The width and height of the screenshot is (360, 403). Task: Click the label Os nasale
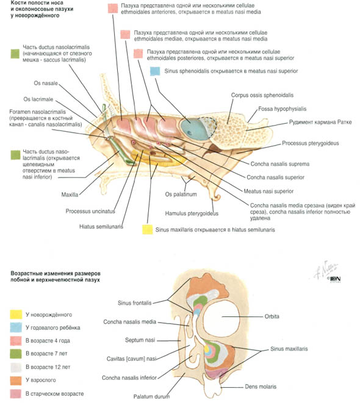click(x=46, y=84)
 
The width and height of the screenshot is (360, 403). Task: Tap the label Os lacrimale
click(x=38, y=99)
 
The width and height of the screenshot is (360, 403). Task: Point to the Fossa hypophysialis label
click(x=283, y=109)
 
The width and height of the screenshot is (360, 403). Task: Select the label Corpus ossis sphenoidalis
click(x=262, y=95)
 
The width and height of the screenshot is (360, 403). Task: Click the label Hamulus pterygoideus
click(x=192, y=213)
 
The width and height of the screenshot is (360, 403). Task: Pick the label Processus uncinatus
click(x=90, y=212)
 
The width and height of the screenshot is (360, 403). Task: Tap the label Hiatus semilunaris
click(x=101, y=227)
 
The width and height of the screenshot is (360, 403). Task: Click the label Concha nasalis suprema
click(x=280, y=164)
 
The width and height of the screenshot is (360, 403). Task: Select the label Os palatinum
click(x=181, y=194)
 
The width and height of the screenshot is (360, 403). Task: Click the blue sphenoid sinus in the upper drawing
click(x=193, y=129)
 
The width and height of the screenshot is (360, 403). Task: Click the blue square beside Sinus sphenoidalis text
click(x=155, y=71)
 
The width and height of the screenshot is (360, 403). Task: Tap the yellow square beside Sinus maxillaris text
click(x=148, y=229)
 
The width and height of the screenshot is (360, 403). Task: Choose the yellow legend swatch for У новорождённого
click(x=16, y=315)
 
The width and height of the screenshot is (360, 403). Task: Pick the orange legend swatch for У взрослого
click(x=16, y=380)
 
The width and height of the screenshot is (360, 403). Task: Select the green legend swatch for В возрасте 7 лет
click(x=16, y=354)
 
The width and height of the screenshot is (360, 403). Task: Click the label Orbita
click(x=272, y=316)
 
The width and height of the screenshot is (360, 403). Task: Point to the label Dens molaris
click(x=261, y=387)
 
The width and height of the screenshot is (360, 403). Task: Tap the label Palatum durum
click(x=151, y=396)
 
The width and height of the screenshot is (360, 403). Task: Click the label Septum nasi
click(x=140, y=340)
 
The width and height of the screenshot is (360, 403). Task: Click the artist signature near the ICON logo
click(x=326, y=269)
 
